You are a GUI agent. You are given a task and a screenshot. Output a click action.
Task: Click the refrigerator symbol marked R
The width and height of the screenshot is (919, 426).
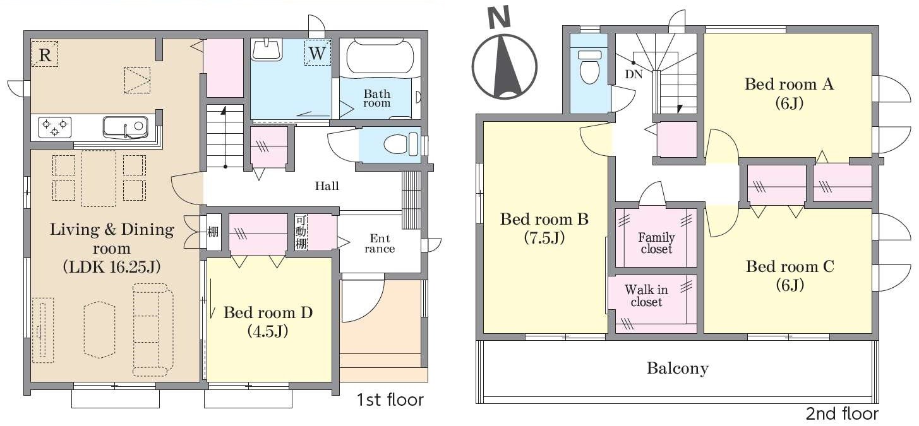click(45, 54)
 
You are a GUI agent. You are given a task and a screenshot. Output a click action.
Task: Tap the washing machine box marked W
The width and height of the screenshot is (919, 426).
click(317, 52)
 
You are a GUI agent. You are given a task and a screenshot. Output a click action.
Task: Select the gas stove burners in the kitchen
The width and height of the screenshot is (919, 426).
click(54, 127)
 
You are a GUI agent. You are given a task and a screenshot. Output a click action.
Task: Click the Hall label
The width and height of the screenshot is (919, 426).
click(327, 186)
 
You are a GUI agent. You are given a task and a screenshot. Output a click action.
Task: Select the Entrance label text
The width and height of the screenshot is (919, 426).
click(380, 244)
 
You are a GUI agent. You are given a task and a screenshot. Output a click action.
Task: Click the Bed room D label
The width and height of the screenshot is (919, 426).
click(268, 313)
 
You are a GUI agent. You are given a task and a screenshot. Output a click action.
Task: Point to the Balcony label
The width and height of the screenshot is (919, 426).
click(677, 368)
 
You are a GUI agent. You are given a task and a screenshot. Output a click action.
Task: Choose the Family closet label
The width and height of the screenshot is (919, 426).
click(656, 243)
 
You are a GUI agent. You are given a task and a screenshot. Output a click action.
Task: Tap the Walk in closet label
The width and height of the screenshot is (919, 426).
click(646, 295)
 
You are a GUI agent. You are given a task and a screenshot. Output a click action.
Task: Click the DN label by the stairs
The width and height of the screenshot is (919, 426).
click(634, 74)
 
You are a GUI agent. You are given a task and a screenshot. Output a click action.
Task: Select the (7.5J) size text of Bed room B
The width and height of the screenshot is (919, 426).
click(544, 238)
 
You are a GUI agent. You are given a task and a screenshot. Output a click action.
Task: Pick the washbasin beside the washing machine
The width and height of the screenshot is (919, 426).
click(267, 50)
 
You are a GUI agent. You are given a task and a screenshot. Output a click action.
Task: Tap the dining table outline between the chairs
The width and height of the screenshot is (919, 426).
click(99, 179)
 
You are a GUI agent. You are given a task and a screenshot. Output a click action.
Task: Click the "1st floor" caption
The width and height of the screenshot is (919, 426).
click(390, 399)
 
